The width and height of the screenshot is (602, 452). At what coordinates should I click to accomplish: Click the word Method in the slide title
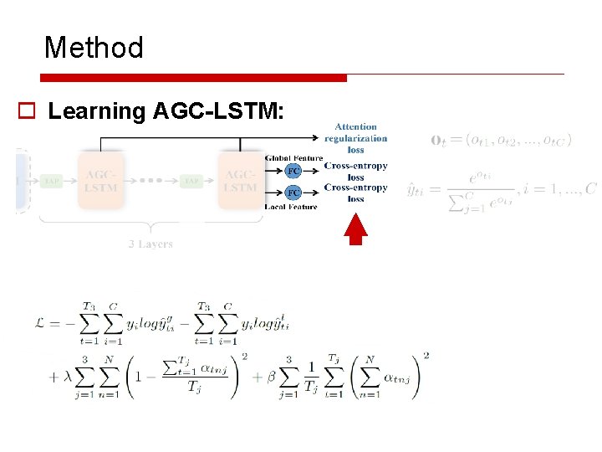click(x=94, y=47)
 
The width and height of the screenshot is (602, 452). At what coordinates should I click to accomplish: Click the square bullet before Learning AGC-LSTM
click(x=26, y=111)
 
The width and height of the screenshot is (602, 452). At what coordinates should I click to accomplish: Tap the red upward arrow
click(x=357, y=229)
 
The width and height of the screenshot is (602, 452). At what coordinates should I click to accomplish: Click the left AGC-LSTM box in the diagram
click(x=100, y=181)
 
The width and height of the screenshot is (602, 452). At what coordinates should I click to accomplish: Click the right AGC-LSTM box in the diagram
click(x=241, y=181)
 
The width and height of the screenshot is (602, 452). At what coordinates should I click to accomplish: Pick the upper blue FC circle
click(x=293, y=171)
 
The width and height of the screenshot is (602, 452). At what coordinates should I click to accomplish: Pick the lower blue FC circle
click(x=293, y=193)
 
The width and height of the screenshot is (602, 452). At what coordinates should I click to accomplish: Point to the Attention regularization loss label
click(x=356, y=138)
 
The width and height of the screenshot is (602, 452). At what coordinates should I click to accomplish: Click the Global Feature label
click(x=293, y=158)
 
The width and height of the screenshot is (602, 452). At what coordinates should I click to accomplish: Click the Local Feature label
click(x=291, y=206)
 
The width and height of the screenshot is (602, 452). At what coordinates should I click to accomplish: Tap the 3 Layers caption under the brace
click(x=150, y=244)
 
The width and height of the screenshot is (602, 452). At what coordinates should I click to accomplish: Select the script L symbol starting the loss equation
click(x=58, y=321)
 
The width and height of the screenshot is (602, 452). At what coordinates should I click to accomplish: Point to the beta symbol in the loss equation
click(x=271, y=375)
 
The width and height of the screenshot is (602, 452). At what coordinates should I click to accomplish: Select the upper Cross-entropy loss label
click(x=356, y=171)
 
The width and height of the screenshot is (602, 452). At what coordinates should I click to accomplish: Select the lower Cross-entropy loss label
click(x=356, y=193)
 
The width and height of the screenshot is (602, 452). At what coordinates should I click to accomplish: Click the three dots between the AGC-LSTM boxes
click(x=150, y=181)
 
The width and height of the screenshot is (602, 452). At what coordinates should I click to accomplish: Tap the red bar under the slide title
click(x=193, y=78)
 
